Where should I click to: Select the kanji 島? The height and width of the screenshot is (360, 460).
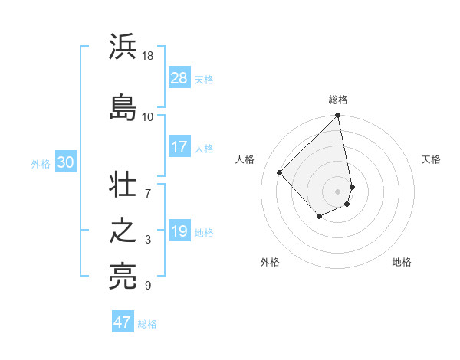click(x=123, y=106)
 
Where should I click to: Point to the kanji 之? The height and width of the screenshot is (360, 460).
click(x=123, y=231)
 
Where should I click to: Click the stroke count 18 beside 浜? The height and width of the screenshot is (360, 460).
click(x=148, y=56)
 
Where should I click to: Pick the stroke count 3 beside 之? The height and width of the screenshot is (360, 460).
click(x=148, y=240)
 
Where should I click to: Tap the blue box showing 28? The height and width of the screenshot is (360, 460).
click(x=179, y=79)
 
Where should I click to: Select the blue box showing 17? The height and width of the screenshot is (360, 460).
click(x=179, y=147)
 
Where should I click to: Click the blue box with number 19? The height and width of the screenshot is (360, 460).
click(x=179, y=231)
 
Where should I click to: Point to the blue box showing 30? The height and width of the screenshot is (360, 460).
click(x=65, y=162)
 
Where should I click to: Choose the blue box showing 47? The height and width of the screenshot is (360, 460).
click(x=123, y=322)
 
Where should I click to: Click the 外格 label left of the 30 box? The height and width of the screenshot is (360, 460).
click(x=41, y=163)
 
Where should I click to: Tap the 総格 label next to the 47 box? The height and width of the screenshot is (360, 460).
click(x=147, y=324)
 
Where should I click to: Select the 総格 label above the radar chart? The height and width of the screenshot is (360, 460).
click(x=338, y=100)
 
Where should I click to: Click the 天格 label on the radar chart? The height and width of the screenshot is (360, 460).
click(x=431, y=159)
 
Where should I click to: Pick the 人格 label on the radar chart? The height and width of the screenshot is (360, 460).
click(x=245, y=159)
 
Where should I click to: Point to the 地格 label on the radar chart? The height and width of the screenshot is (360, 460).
click(x=402, y=262)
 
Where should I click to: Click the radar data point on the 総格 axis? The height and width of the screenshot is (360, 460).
click(x=338, y=116)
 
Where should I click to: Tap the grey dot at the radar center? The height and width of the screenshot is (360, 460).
click(x=338, y=191)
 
